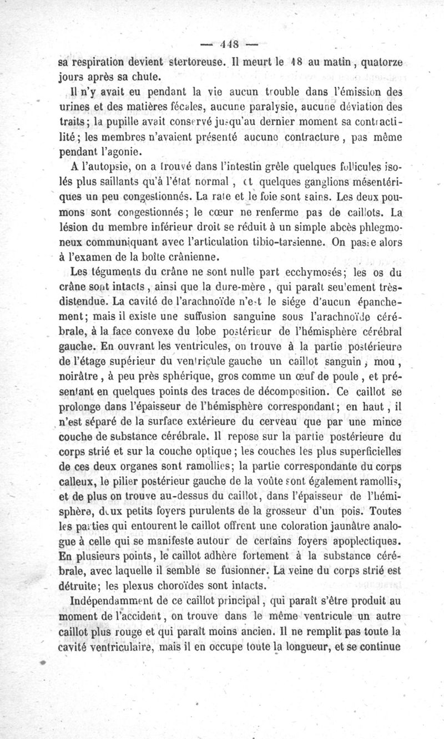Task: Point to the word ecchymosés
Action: [x=316, y=272]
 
